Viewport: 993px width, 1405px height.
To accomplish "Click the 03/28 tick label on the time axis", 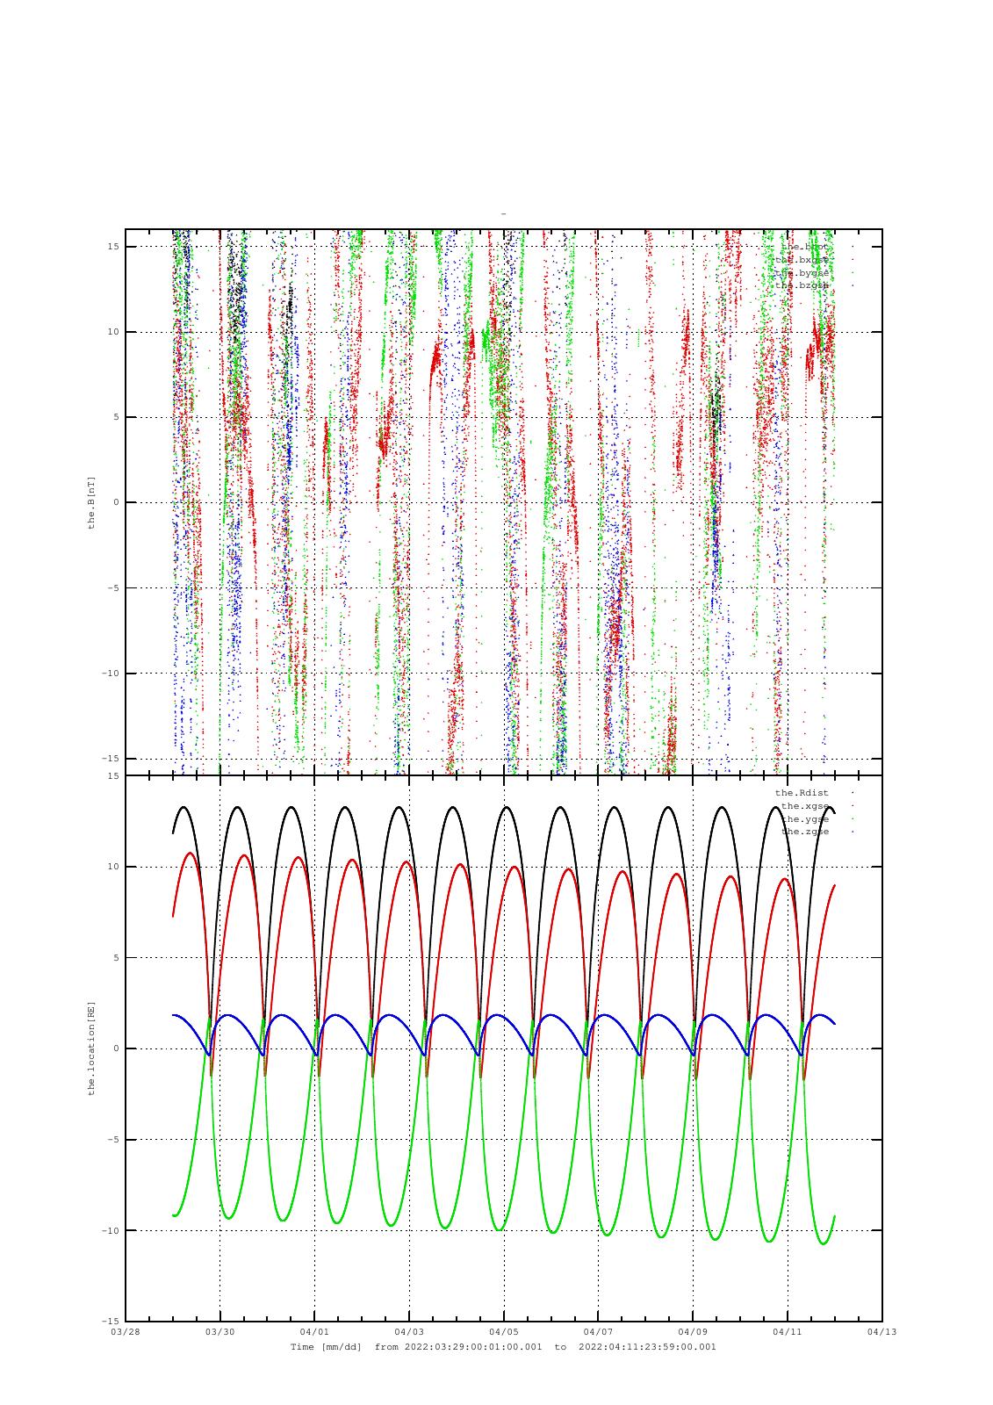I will pos(126,1332).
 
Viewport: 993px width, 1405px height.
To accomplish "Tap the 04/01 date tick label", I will pos(314,1332).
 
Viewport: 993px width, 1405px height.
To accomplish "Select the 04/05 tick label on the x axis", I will pos(504,1332).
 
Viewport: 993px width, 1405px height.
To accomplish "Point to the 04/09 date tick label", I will pos(693,1332).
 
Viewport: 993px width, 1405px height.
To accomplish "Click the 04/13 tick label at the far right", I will pos(882,1332).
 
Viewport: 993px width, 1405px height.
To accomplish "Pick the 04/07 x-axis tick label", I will pos(598,1332).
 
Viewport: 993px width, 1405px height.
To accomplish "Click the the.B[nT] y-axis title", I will pos(91,503).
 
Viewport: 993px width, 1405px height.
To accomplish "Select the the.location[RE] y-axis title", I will pos(91,1048).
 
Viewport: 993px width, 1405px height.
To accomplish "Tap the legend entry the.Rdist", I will pos(802,793).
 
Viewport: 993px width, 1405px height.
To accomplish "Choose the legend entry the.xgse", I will pos(804,806).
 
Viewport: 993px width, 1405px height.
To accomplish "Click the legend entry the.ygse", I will pos(804,819).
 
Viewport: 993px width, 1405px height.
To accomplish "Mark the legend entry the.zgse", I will pos(804,832).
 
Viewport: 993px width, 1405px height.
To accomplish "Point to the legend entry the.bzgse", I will pos(802,285).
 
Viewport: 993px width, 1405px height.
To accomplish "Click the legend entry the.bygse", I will pos(802,272).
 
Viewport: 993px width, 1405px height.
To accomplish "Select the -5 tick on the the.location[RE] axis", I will pos(112,1140).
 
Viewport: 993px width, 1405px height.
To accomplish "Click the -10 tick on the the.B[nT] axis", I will pos(110,674).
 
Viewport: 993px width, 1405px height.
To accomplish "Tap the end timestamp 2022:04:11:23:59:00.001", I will pos(647,1347).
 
